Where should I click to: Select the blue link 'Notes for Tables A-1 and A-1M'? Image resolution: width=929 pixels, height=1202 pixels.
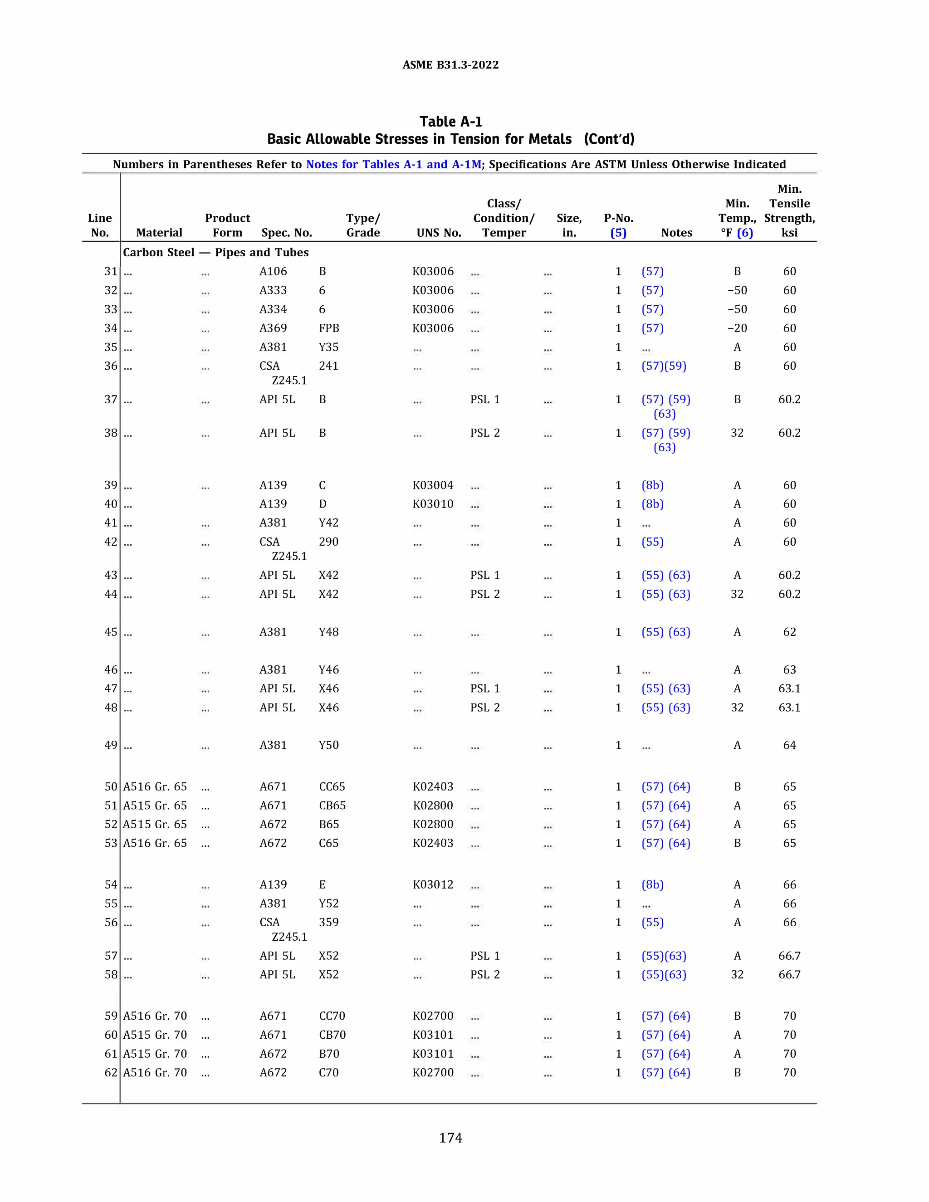click(393, 165)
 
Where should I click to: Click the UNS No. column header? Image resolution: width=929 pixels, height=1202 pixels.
click(439, 233)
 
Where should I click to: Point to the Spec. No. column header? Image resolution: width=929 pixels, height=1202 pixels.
click(287, 233)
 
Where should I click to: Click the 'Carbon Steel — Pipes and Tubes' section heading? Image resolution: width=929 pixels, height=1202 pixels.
click(216, 253)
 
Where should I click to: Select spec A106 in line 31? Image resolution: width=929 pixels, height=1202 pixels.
click(273, 271)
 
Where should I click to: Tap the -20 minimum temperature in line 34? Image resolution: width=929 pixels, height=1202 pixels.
click(737, 328)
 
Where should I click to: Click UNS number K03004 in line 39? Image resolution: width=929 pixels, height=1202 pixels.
click(433, 485)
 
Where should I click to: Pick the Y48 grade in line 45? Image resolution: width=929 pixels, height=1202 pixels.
click(328, 632)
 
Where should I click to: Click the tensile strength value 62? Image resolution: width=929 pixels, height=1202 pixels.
click(789, 632)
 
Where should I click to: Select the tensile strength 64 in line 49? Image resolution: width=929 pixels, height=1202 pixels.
click(789, 745)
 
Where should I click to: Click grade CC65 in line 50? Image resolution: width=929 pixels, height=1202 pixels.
click(332, 787)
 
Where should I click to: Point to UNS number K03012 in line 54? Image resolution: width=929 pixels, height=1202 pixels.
click(433, 884)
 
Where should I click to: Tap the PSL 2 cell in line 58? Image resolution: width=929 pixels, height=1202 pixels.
click(485, 974)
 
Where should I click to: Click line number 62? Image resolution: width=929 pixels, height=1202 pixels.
click(111, 1072)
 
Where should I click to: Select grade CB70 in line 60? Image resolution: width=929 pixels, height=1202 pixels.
click(332, 1035)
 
